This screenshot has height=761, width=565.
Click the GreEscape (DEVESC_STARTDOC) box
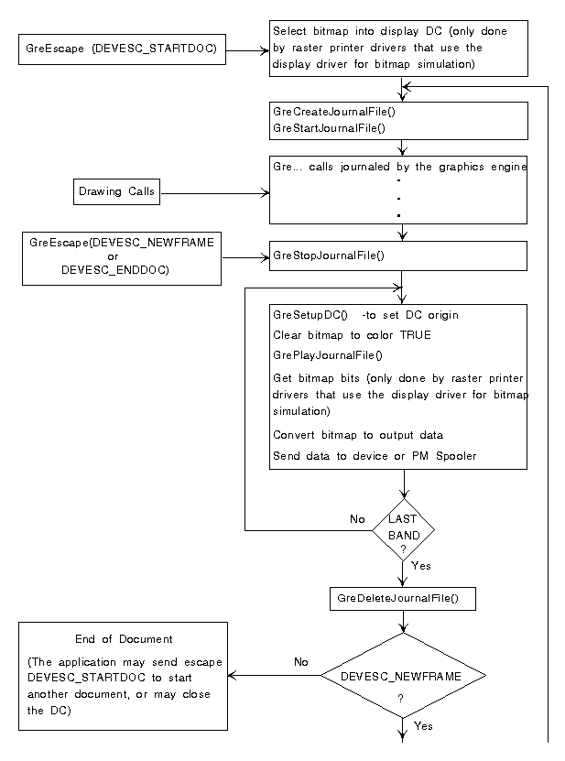point(122,49)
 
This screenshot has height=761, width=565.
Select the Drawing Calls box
point(116,191)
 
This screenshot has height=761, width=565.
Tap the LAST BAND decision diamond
point(403,530)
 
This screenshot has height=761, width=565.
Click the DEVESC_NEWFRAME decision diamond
point(403,675)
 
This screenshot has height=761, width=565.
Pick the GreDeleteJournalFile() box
point(403,599)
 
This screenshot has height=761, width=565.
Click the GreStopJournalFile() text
point(329,255)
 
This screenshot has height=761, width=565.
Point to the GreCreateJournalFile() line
point(334,112)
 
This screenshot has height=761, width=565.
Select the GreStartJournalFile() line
point(329,128)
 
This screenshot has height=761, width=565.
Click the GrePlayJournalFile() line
point(328,355)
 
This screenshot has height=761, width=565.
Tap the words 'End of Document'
point(124,639)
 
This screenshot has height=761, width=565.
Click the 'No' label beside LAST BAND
point(357,519)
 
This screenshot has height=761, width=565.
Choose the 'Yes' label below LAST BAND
point(421,566)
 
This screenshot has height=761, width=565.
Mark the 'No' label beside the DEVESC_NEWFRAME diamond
point(301,662)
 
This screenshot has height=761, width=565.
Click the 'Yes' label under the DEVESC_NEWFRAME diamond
point(423,726)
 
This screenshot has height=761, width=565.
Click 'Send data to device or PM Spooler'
point(375,456)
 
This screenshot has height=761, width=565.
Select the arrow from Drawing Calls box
point(215,193)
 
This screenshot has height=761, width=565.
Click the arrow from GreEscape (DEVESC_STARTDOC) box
point(247,50)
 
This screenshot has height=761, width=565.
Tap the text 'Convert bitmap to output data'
point(358,435)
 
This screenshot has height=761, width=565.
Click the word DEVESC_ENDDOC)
point(115,270)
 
